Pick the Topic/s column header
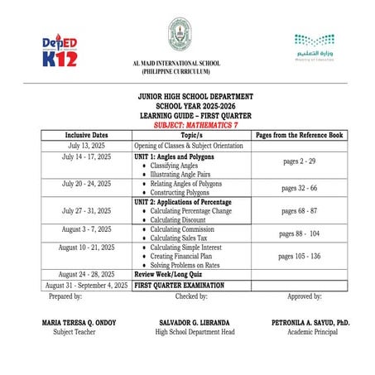tap(192, 134)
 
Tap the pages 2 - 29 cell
tap(300, 166)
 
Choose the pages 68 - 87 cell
tap(300, 211)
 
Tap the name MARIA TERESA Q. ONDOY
tap(71, 321)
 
